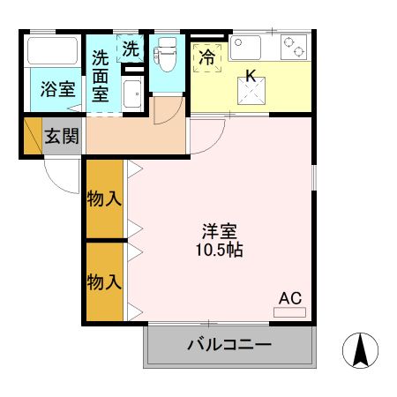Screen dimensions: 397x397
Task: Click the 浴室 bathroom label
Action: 57,89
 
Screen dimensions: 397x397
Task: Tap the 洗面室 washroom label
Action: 101,76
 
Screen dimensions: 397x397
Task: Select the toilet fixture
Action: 165,54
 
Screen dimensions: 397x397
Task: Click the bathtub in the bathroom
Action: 53,50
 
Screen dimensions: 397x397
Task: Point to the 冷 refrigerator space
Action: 207,57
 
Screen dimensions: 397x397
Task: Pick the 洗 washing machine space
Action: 131,49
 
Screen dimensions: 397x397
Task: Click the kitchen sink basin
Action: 245,48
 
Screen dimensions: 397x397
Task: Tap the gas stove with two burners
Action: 294,47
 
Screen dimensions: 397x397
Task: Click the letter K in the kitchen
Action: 251,76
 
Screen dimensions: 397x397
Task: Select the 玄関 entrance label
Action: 62,136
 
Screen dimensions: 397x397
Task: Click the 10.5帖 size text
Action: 220,251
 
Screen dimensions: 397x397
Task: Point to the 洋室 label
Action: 220,231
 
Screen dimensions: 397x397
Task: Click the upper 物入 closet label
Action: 104,198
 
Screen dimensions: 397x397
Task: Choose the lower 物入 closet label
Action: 104,281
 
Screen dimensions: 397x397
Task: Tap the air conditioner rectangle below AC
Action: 289,312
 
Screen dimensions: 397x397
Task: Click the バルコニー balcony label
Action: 229,344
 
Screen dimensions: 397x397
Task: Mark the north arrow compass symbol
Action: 360,350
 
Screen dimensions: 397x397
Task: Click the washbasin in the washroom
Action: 132,94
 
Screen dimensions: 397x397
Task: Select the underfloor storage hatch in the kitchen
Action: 251,91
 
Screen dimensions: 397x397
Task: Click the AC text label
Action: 290,298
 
